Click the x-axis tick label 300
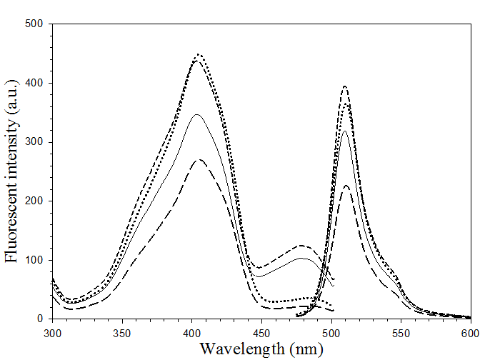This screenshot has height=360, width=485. coord(52,332)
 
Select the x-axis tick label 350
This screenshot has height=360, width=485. coord(122,332)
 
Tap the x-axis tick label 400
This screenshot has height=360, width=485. coord(191,332)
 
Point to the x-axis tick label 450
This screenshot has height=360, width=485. coord(261,332)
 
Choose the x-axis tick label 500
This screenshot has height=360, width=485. coord(331,332)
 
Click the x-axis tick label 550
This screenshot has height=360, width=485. coord(401,332)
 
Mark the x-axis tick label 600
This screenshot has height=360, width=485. coord(470,332)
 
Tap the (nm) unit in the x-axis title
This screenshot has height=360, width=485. coord(305,349)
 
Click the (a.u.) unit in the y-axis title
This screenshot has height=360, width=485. coord(11,96)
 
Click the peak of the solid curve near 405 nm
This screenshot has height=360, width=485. coord(196,114)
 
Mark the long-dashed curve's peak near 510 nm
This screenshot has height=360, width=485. coord(346,186)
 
